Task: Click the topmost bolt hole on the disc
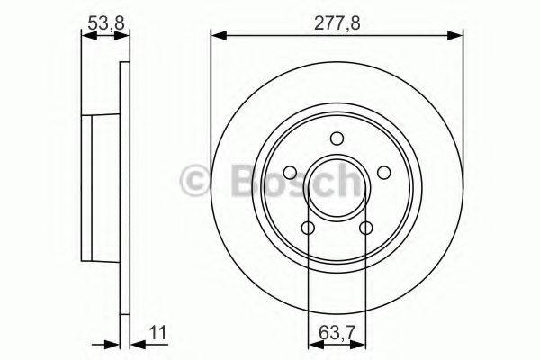click(x=337, y=139)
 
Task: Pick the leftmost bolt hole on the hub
click(x=290, y=174)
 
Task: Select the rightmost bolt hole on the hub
click(x=383, y=173)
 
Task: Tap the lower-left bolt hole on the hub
click(x=308, y=229)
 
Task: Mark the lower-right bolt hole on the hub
click(x=365, y=229)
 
